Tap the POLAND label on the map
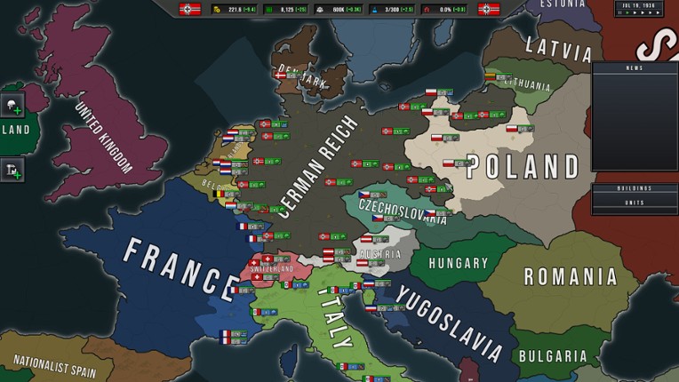pos(523,166)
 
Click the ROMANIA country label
pos(570,276)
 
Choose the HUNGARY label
pos(459,263)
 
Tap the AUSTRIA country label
pos(380,254)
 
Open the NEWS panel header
pos(635,68)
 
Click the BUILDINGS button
pos(635,188)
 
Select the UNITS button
pos(635,202)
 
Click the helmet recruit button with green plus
pos(12,106)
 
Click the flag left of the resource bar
pos(190,10)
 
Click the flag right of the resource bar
pos(489,10)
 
